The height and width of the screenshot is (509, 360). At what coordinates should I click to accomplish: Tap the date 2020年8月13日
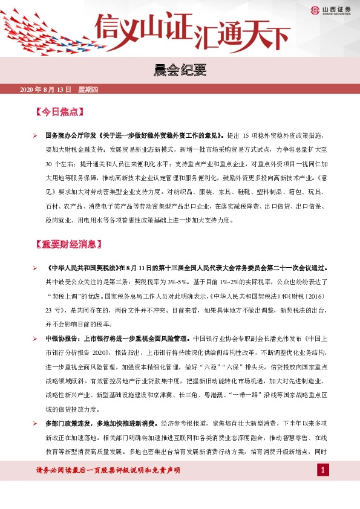tap(45, 90)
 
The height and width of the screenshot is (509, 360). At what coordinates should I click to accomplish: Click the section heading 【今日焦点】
tap(60, 112)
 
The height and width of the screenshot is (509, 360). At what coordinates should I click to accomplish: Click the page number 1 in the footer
tap(324, 470)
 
